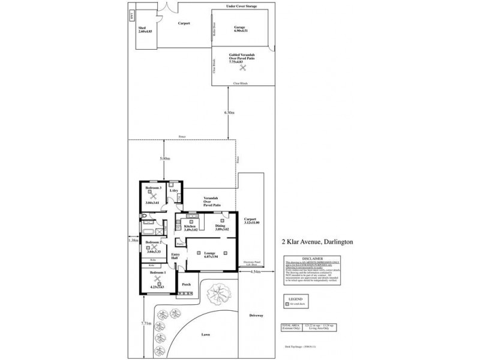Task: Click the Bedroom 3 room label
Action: [x=153, y=188]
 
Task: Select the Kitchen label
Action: [x=182, y=226]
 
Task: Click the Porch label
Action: [x=186, y=285]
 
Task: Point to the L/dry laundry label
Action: [x=175, y=191]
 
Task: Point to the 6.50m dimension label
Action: [x=229, y=112]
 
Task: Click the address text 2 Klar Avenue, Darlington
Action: [x=317, y=243]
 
